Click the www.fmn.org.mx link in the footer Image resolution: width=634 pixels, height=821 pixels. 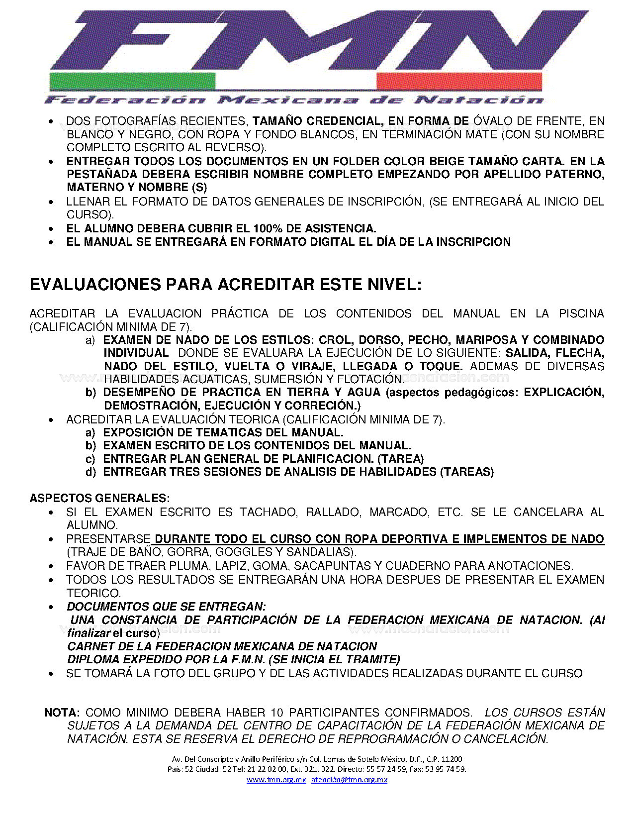(276, 780)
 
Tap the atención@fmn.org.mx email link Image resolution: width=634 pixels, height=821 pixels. (349, 780)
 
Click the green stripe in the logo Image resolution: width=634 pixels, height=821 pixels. (132, 81)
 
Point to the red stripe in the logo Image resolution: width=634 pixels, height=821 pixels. (458, 81)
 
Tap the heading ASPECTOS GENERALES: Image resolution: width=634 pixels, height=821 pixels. (99, 498)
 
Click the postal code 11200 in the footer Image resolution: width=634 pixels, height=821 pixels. (452, 759)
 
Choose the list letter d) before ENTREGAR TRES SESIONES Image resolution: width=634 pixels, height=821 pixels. (91, 472)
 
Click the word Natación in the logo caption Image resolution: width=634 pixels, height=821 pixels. (479, 100)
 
